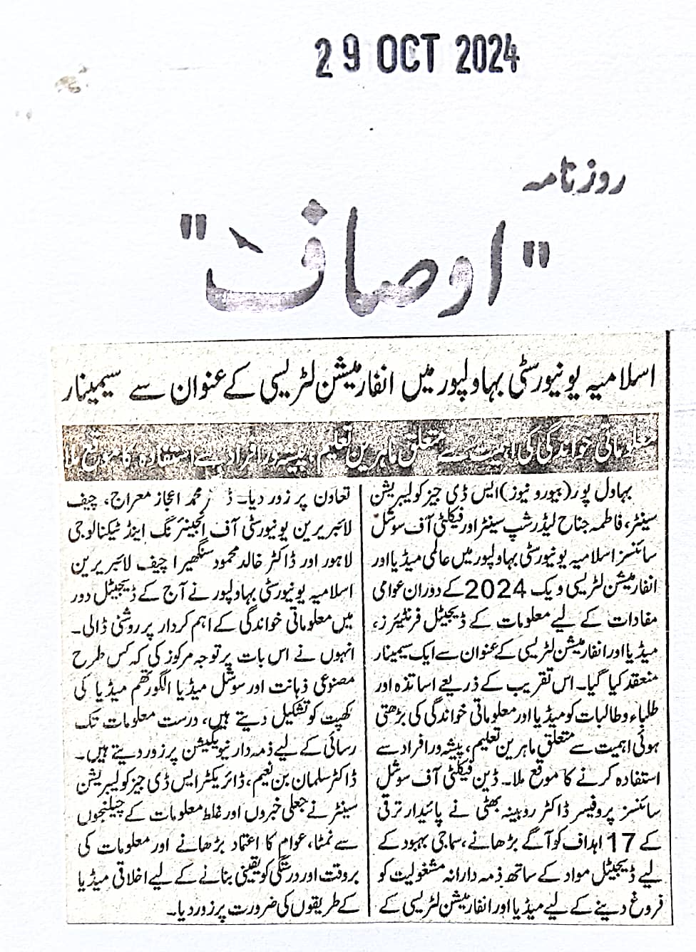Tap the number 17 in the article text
[x=617, y=842]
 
